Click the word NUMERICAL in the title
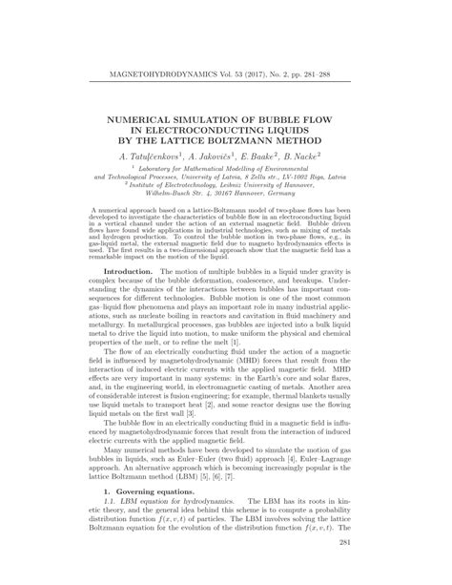click(152, 111)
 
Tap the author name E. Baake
click(270, 153)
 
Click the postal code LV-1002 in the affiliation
click(316, 177)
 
